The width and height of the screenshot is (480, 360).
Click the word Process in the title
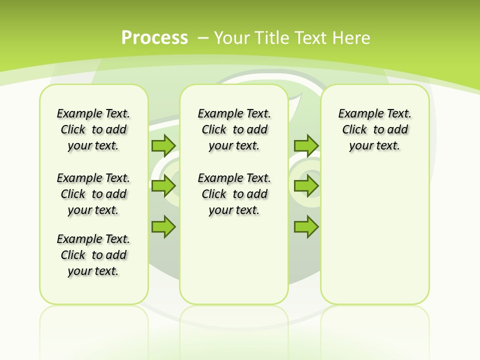pos(154,37)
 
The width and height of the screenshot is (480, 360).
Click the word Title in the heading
pos(272,37)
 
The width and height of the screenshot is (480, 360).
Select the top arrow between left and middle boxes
pos(163,145)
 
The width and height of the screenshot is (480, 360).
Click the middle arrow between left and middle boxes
pos(163,186)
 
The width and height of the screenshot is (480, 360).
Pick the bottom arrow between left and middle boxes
pos(163,226)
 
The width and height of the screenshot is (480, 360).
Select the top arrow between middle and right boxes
pos(305,145)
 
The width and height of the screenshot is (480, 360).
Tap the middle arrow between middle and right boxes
pos(305,186)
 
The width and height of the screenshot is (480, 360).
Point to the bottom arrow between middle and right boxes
pos(305,226)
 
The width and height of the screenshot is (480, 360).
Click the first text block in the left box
pos(93,129)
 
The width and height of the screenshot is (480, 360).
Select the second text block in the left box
pos(93,194)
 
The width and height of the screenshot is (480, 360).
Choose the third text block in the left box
pos(93,255)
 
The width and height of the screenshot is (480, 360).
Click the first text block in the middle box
pos(234,129)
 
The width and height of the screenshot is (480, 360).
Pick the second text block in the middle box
pos(234,194)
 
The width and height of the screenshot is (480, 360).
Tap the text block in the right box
pos(374,129)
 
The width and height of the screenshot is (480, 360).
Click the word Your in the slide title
pos(232,37)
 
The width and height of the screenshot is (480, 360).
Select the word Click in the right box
pos(354,130)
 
